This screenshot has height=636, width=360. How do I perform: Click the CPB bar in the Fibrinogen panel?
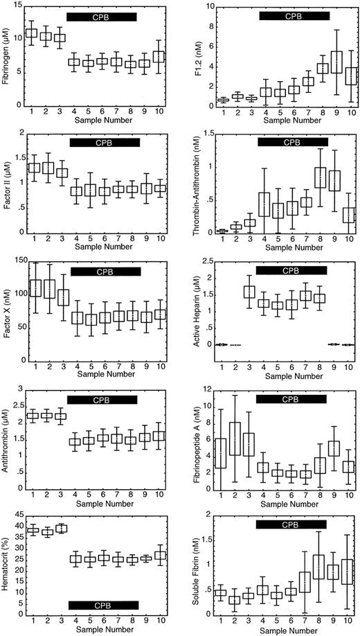point(103,15)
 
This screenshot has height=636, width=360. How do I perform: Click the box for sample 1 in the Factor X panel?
point(31,288)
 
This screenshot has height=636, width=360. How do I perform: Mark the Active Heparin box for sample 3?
point(230,291)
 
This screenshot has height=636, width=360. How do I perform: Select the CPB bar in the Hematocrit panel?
point(103,604)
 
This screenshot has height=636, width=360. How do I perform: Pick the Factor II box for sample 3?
point(60,173)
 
